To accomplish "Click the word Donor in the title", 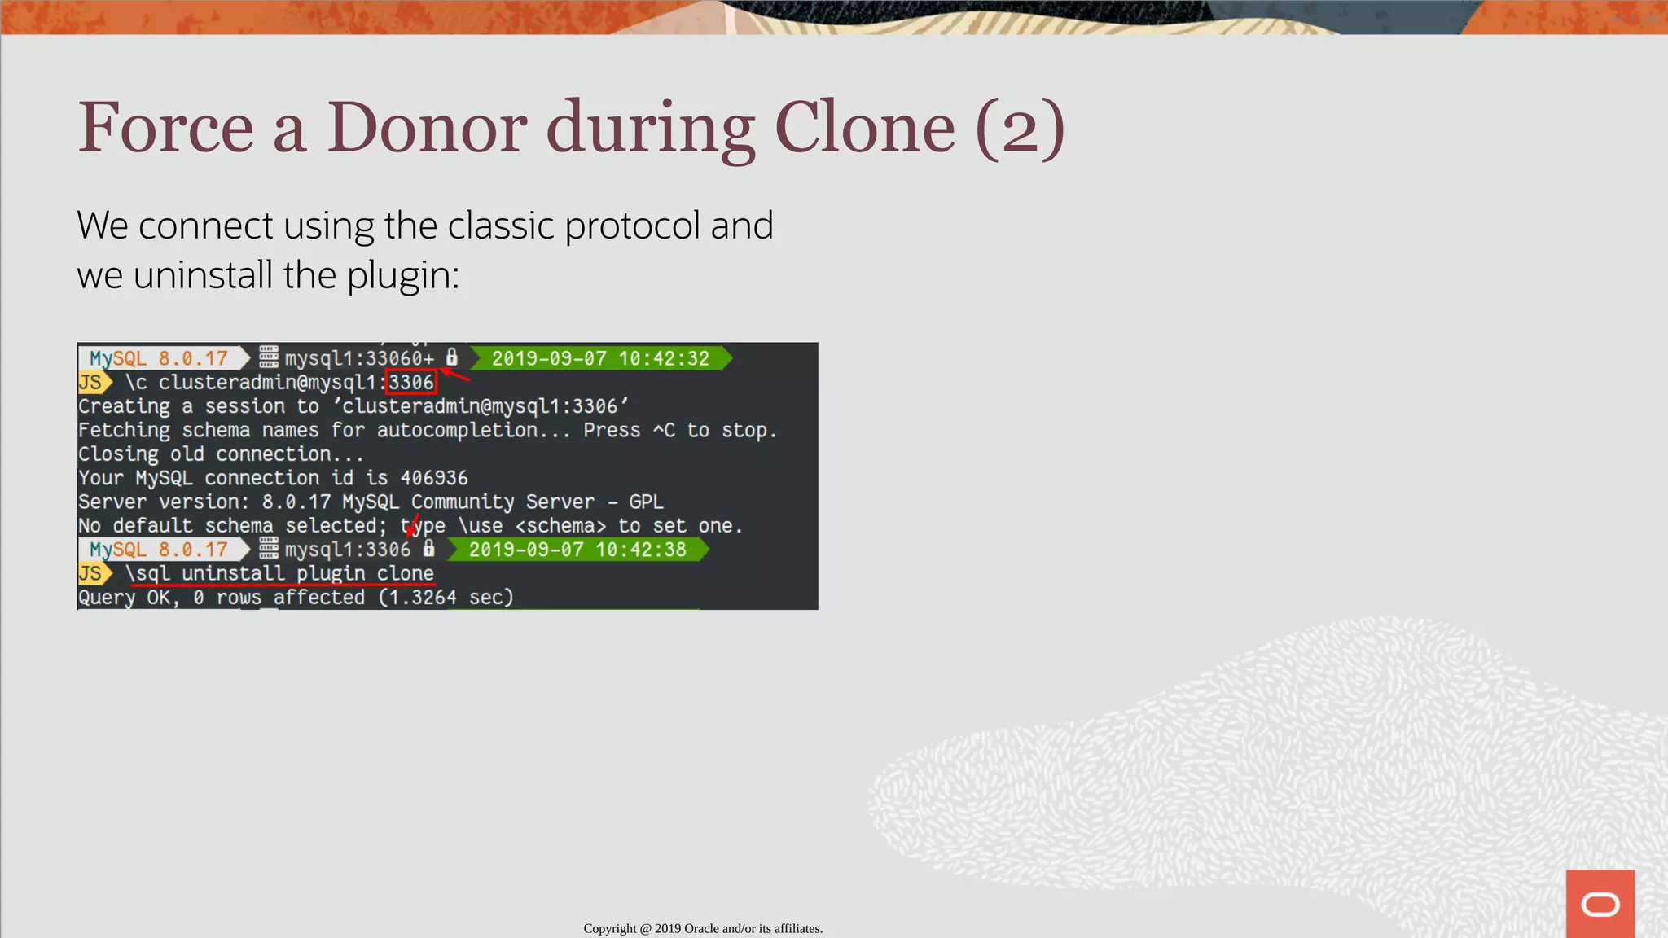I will (427, 128).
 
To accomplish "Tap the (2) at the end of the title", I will (1020, 128).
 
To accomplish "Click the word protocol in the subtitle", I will (632, 226).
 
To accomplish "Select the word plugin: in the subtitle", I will (403, 275).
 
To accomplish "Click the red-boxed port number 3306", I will (411, 382).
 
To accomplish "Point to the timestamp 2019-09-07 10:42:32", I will (600, 358).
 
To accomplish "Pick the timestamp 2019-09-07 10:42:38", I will (577, 550).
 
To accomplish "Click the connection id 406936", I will (434, 478).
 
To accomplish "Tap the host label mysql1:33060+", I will (359, 358).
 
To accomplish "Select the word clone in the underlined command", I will (405, 573).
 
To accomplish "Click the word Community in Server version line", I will (462, 502).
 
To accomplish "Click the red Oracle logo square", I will (1600, 904).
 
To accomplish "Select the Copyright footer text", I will (703, 928).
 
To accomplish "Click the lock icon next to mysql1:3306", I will (429, 549).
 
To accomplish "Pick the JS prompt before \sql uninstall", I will (90, 573).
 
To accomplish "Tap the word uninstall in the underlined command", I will (233, 573).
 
